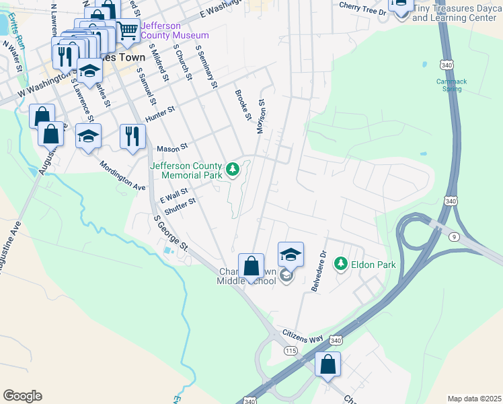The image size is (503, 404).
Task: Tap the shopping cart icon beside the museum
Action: click(x=127, y=31)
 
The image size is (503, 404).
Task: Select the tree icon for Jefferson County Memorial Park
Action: click(x=233, y=169)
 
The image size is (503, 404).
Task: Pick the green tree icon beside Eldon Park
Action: click(x=341, y=264)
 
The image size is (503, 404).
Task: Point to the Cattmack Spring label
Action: click(x=451, y=85)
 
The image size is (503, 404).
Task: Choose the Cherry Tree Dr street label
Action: click(x=362, y=6)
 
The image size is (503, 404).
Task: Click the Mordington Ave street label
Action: click(x=122, y=175)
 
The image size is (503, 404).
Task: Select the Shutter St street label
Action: click(x=180, y=205)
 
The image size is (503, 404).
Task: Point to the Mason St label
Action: click(x=171, y=147)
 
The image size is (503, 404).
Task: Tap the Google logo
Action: click(x=22, y=396)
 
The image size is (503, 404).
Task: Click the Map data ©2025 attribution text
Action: click(x=474, y=399)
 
